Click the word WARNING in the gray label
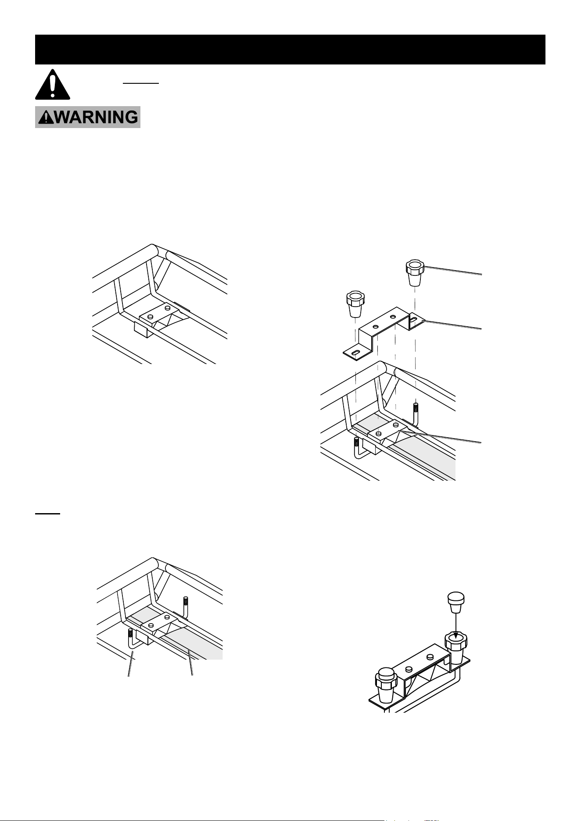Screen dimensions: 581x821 [94, 118]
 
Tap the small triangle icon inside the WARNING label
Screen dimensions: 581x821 [44, 117]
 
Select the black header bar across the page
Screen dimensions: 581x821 [290, 50]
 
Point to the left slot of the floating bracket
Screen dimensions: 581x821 [356, 352]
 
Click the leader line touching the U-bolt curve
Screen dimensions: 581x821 [131, 669]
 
